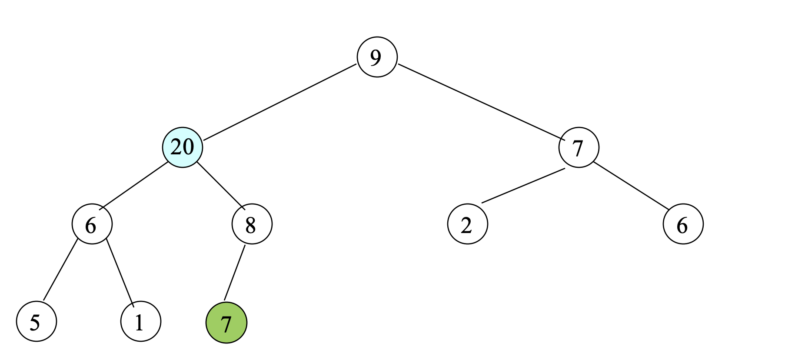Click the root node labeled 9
click(377, 57)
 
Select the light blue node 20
click(183, 147)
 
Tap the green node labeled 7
click(226, 323)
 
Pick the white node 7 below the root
click(579, 147)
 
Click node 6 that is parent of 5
click(92, 224)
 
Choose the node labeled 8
click(252, 224)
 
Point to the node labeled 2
click(468, 224)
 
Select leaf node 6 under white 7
click(683, 224)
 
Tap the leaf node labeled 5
click(37, 321)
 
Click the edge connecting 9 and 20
click(280, 102)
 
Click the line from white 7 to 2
click(523, 185)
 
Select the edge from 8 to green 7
click(235, 273)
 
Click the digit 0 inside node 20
click(188, 147)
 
